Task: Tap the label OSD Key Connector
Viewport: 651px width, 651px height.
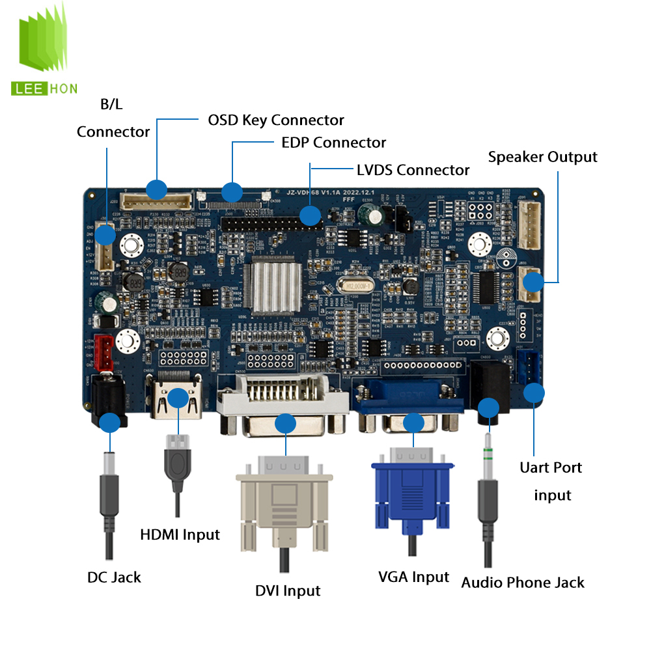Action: pos(275,120)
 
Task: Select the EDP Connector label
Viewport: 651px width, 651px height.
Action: pos(333,143)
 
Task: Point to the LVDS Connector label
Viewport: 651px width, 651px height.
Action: pos(413,170)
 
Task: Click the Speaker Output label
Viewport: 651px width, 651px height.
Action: pos(542,157)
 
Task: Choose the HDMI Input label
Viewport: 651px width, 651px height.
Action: pos(180,534)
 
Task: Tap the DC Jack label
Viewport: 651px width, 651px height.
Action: pos(114,577)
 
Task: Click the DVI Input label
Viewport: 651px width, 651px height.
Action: pos(288,590)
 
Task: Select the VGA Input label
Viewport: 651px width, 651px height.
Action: pos(413,577)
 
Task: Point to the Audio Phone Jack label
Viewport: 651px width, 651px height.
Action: pos(523,582)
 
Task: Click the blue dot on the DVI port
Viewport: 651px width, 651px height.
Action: pos(285,424)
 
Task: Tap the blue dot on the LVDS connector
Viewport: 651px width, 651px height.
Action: pos(310,215)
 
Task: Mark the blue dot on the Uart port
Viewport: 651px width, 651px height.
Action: pos(534,393)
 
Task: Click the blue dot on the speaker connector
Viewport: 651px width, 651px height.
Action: pos(533,282)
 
